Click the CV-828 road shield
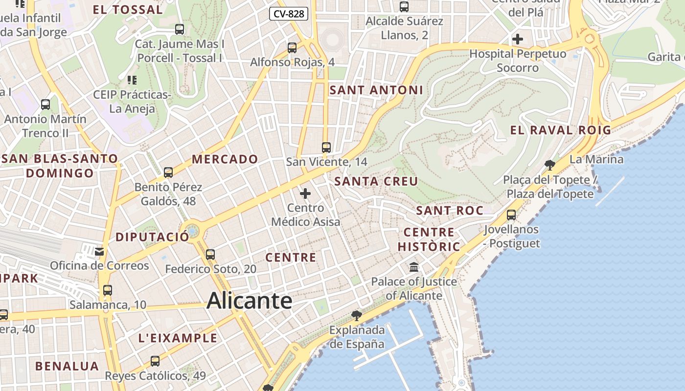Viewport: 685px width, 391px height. click(289, 14)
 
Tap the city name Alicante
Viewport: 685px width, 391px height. click(250, 300)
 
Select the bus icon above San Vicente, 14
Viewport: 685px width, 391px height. click(326, 147)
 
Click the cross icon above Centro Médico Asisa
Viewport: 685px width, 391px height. click(305, 194)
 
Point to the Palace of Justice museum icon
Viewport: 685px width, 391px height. click(414, 267)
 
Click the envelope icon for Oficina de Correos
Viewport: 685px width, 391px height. click(99, 252)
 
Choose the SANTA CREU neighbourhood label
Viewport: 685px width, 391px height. click(376, 181)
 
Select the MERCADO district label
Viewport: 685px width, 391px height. click(225, 159)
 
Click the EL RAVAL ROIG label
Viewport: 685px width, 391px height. click(561, 130)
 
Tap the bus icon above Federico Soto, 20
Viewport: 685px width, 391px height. click(210, 254)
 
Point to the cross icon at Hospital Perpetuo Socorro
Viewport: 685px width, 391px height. click(517, 39)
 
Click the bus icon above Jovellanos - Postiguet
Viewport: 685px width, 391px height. click(511, 215)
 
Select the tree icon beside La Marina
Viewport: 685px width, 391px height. click(550, 164)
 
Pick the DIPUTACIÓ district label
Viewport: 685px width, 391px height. click(152, 237)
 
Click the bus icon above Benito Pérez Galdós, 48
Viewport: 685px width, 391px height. click(168, 172)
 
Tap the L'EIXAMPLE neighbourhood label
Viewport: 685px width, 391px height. click(178, 338)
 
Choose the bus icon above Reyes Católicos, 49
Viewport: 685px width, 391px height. click(155, 361)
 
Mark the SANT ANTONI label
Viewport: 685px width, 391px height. click(376, 90)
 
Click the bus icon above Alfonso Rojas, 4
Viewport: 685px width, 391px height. click(292, 48)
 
